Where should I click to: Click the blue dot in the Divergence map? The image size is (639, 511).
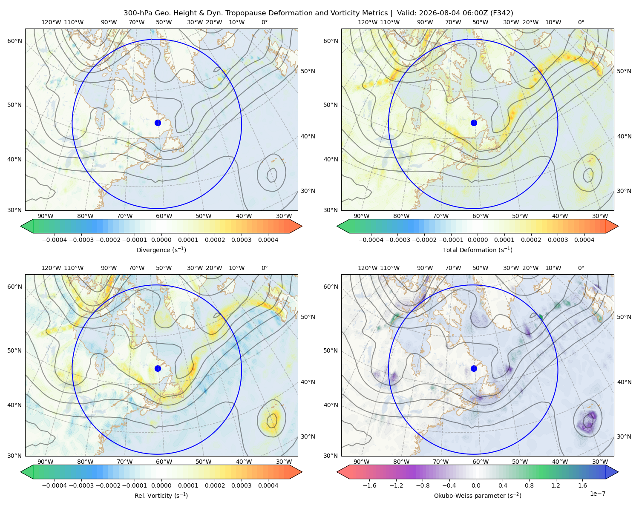point(158,123)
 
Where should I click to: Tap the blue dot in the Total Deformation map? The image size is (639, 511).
point(474,123)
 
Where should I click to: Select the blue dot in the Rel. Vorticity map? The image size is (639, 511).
point(158,368)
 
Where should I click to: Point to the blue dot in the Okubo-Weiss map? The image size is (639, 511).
point(474,368)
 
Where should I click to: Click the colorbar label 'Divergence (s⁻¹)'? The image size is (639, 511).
point(161,250)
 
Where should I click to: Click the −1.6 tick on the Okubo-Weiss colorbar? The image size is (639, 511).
point(369,485)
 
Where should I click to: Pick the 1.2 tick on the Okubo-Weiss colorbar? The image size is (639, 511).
point(556,485)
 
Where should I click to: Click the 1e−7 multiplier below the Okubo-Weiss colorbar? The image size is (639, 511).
point(597,494)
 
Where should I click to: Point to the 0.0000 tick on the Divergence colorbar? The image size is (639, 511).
point(161,240)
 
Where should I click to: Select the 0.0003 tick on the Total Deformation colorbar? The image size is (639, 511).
point(558,240)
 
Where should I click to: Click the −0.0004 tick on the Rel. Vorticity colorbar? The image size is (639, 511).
point(55,485)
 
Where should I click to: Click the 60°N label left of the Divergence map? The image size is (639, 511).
point(14,41)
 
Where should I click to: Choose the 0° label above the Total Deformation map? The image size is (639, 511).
point(581,22)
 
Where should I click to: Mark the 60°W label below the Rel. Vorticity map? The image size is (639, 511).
point(164,462)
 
